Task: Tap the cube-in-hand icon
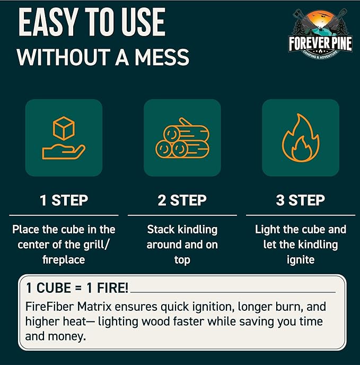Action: point(64,138)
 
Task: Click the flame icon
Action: point(300,138)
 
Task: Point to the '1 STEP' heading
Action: point(64,201)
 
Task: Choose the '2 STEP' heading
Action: point(182,201)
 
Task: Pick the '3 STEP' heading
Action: point(300,201)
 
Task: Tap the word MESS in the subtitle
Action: point(161,57)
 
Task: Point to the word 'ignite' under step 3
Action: point(300,260)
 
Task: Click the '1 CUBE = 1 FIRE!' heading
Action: point(76,289)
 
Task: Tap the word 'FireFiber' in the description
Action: point(47,307)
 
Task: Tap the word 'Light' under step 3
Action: point(268,230)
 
